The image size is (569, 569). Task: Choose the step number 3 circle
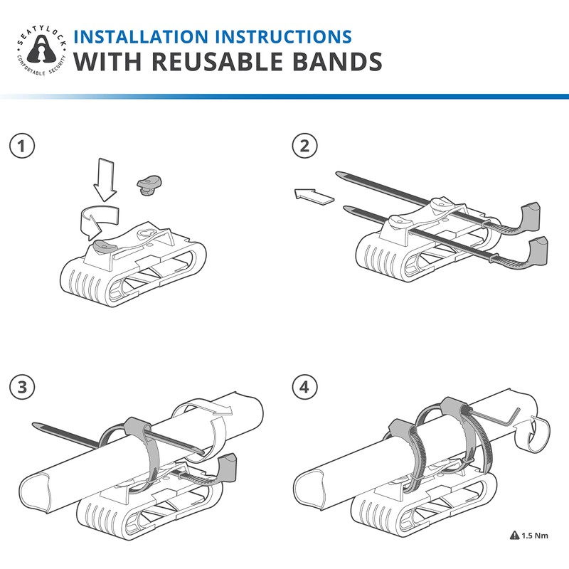(24, 388)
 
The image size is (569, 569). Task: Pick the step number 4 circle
(304, 388)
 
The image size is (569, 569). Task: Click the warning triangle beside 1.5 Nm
(514, 535)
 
